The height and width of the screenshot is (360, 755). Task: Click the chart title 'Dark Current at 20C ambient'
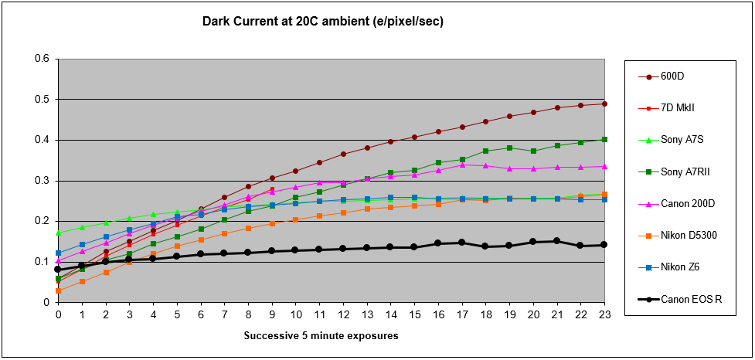pos(322,21)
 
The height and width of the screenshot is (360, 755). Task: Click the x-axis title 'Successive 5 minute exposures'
pos(321,336)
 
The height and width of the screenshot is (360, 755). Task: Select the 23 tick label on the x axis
pos(604,315)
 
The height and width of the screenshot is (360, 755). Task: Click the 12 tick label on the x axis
pos(343,315)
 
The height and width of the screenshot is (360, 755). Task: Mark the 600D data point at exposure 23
pos(604,104)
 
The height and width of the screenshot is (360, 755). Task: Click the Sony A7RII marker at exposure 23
pos(604,139)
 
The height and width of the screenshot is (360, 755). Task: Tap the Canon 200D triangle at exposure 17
pos(461,165)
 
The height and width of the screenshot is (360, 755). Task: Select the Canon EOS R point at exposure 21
pos(556,241)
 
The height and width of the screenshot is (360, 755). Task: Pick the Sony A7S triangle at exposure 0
pos(58,233)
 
